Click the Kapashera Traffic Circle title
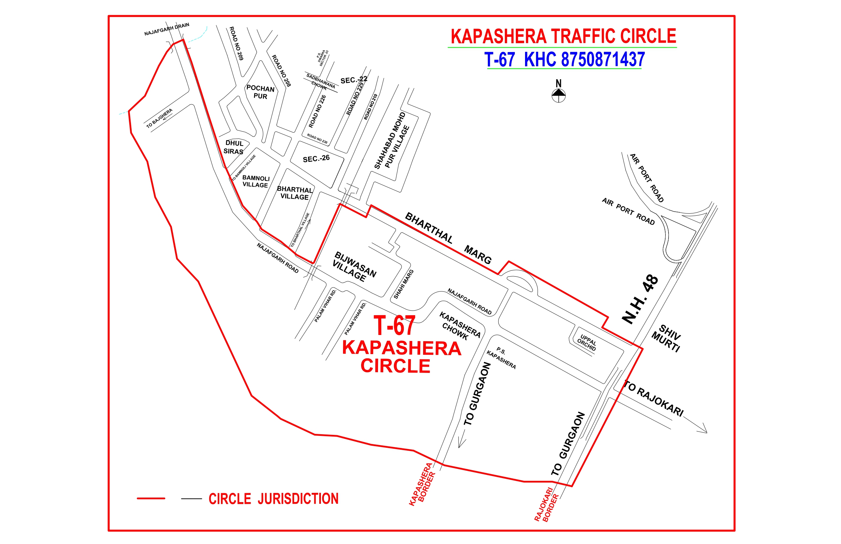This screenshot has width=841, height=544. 563,36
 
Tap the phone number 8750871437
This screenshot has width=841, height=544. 603,59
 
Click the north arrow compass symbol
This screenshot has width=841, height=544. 558,95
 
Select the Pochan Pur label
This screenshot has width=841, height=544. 261,92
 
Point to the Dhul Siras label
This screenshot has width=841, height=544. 234,147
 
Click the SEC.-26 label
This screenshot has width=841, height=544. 316,159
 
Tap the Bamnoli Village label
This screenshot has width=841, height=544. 256,182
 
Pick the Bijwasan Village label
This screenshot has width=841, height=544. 354,266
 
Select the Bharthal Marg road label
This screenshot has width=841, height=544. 448,238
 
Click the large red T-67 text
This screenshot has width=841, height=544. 394,326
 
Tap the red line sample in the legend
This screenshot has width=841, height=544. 151,499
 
